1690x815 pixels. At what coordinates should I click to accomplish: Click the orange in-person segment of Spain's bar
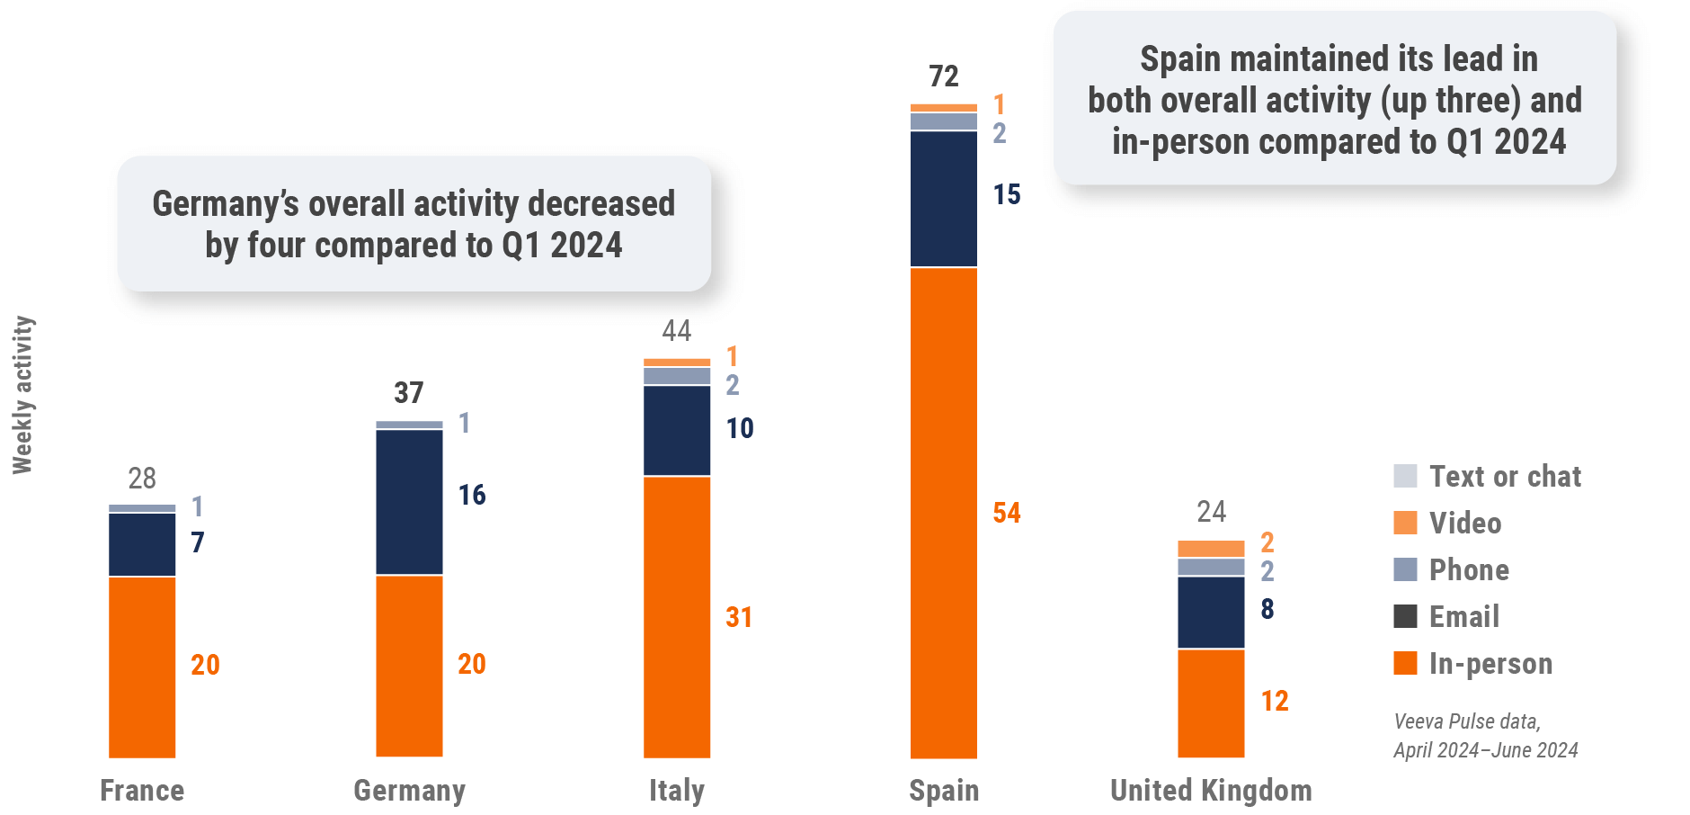click(x=943, y=513)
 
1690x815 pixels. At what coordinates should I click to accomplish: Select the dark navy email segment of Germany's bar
click(x=409, y=502)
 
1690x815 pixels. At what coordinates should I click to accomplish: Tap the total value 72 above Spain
click(x=944, y=76)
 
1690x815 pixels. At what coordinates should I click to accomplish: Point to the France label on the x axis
click(x=142, y=791)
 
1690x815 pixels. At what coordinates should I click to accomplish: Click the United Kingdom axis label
click(x=1211, y=791)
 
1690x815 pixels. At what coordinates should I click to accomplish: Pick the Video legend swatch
click(x=1405, y=523)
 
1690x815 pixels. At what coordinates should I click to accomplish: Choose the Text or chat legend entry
click(x=1505, y=476)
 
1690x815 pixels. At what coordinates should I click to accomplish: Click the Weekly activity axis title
click(x=22, y=395)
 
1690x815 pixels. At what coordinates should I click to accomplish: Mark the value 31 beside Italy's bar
click(x=739, y=617)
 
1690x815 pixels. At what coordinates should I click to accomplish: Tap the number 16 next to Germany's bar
click(x=472, y=495)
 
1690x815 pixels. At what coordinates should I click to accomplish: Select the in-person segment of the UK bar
click(x=1211, y=703)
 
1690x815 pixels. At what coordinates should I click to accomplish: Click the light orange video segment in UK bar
click(x=1211, y=549)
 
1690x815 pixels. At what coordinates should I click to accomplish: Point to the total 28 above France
click(x=142, y=479)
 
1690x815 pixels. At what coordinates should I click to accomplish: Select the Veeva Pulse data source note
click(x=1485, y=736)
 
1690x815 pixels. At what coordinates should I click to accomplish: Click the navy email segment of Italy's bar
click(x=676, y=430)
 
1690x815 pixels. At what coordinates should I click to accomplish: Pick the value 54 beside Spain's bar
click(x=1007, y=513)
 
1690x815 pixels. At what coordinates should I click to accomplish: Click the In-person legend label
click(x=1490, y=663)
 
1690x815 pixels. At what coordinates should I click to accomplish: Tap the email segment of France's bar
click(x=142, y=544)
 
